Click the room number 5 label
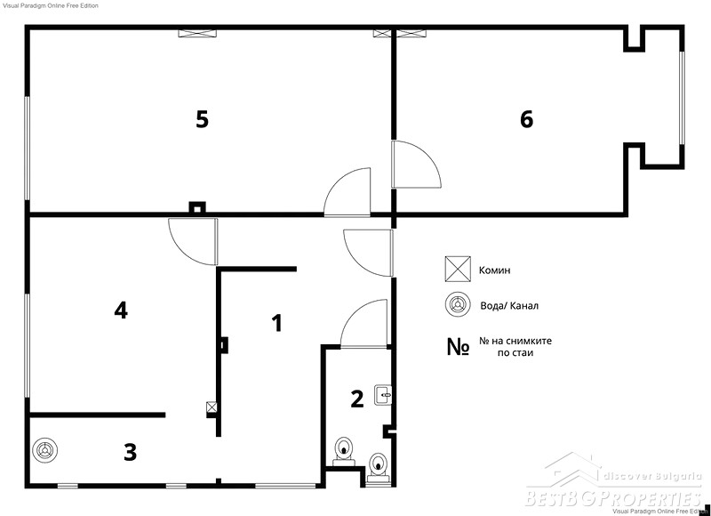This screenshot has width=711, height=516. (203, 120)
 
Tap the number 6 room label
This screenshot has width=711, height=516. (526, 120)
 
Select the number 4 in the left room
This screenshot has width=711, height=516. (121, 310)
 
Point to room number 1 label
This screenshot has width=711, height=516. (276, 323)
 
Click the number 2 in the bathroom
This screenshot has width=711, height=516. (357, 399)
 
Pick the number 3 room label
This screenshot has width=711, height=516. (130, 453)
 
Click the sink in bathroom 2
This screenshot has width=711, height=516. (383, 395)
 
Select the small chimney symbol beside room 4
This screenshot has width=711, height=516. (212, 407)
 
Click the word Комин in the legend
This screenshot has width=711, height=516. (495, 270)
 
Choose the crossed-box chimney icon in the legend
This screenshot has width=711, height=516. (458, 270)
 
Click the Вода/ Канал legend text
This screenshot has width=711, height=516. (509, 306)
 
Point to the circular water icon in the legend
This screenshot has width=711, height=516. (458, 304)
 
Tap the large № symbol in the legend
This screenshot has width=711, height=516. (458, 347)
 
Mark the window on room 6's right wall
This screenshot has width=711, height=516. (682, 99)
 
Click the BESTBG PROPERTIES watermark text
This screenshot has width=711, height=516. (613, 498)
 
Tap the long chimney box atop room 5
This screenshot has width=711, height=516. (197, 33)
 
